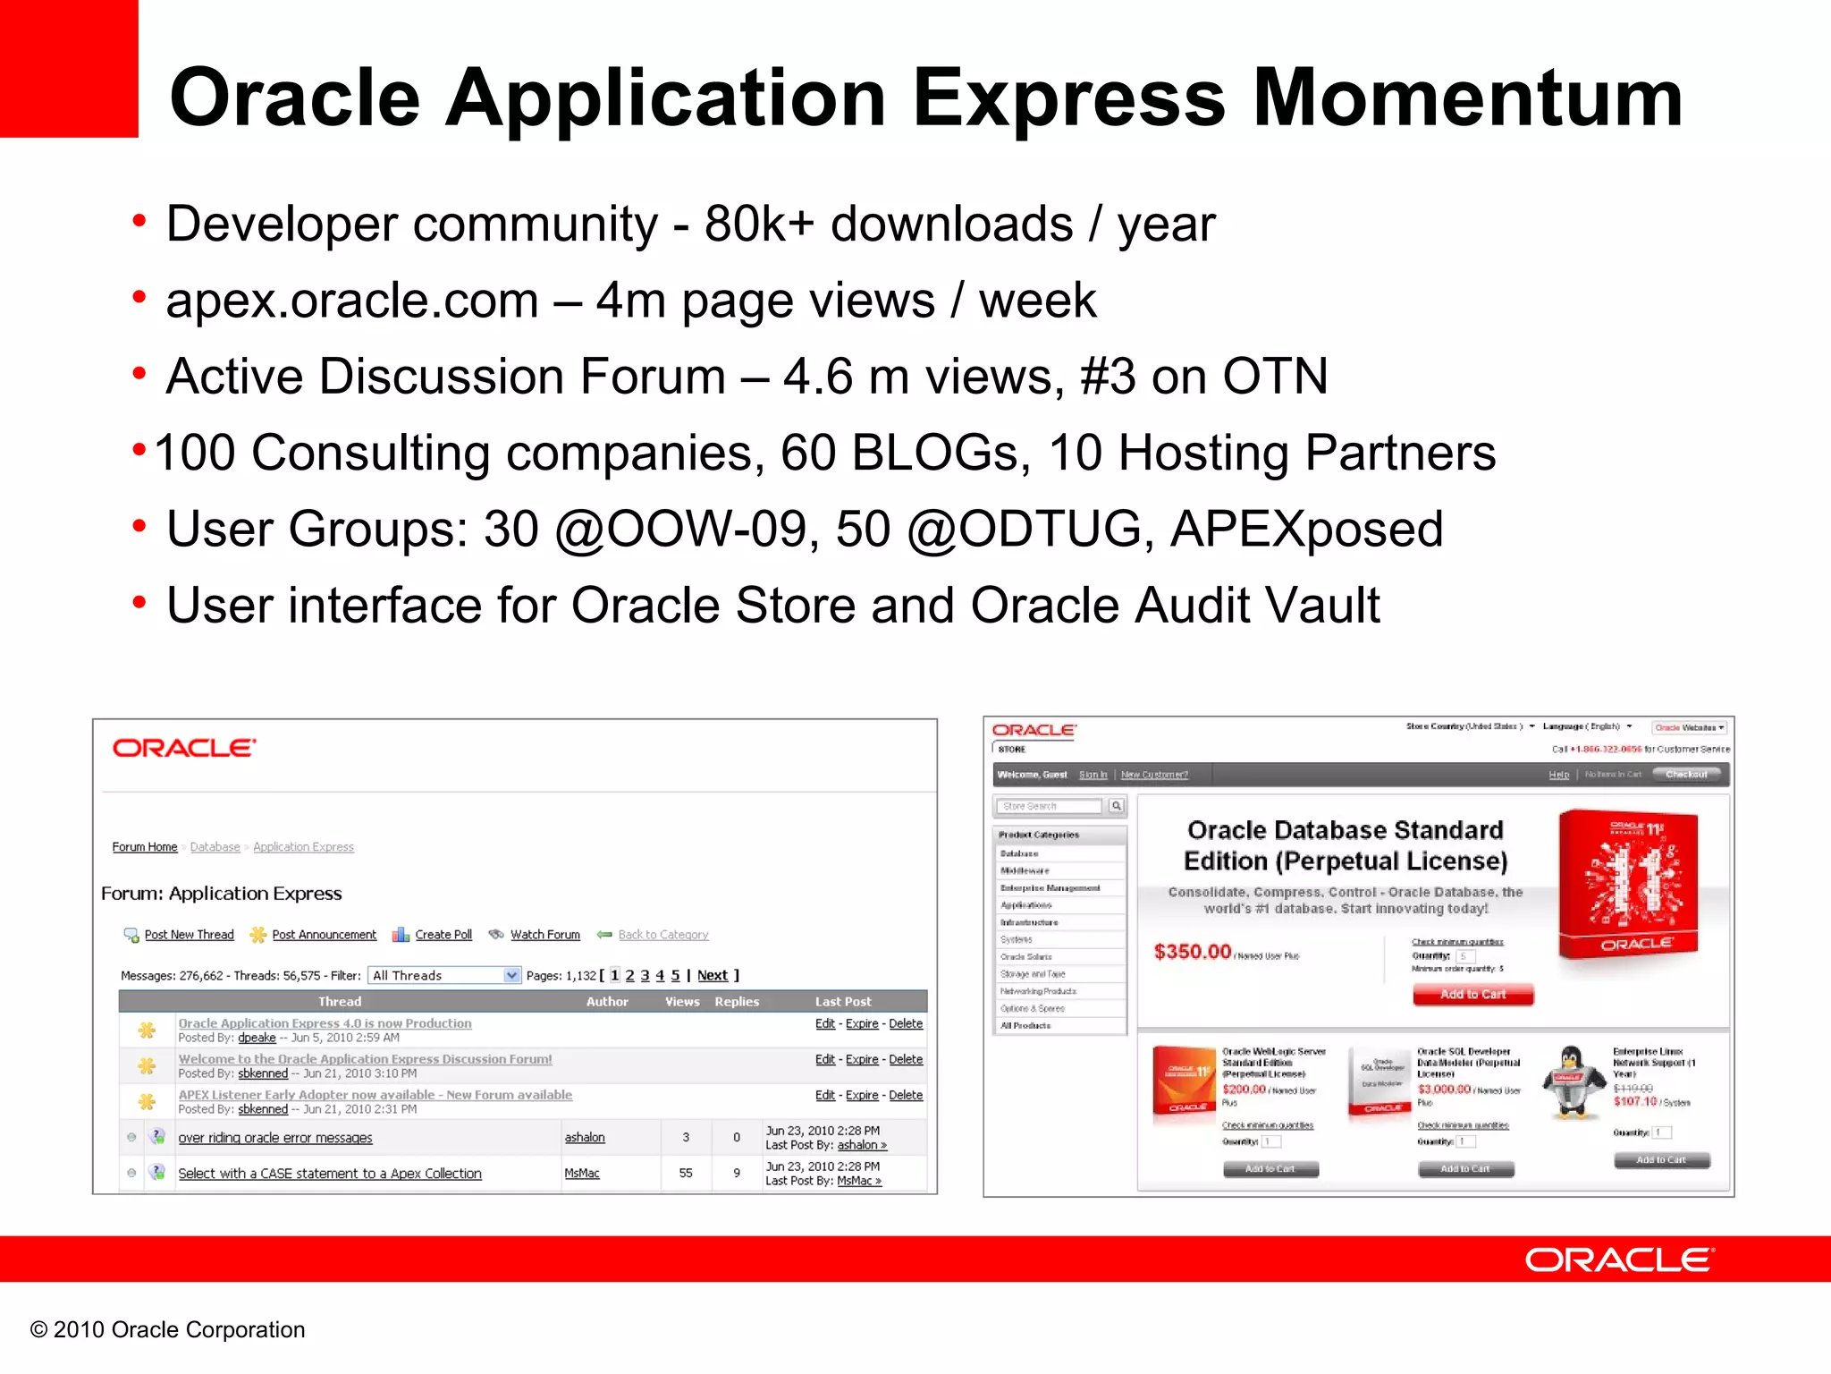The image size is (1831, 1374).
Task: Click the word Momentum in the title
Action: click(1467, 98)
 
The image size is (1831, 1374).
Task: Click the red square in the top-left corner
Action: click(68, 68)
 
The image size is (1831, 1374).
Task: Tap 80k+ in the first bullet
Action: click(759, 224)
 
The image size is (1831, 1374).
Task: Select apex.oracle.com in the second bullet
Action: click(352, 301)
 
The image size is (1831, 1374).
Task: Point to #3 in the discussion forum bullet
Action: click(1107, 377)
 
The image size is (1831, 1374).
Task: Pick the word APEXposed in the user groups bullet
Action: click(1306, 530)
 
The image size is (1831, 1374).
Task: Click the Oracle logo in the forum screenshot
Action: click(184, 748)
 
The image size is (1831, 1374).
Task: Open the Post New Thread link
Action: click(189, 935)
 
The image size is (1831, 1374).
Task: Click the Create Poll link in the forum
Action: click(443, 935)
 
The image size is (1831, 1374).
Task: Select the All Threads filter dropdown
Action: click(444, 976)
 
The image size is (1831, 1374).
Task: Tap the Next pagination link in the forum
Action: click(712, 976)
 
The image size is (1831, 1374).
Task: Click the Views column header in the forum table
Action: click(682, 1002)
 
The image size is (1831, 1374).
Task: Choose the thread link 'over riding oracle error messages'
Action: click(274, 1138)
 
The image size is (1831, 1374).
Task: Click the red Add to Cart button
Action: click(1472, 995)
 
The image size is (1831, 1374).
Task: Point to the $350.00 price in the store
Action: click(1192, 952)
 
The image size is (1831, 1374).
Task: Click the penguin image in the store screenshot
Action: click(1572, 1082)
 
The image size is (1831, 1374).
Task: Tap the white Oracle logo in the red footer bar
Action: click(1619, 1260)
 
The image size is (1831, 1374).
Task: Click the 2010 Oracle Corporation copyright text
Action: click(168, 1330)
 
